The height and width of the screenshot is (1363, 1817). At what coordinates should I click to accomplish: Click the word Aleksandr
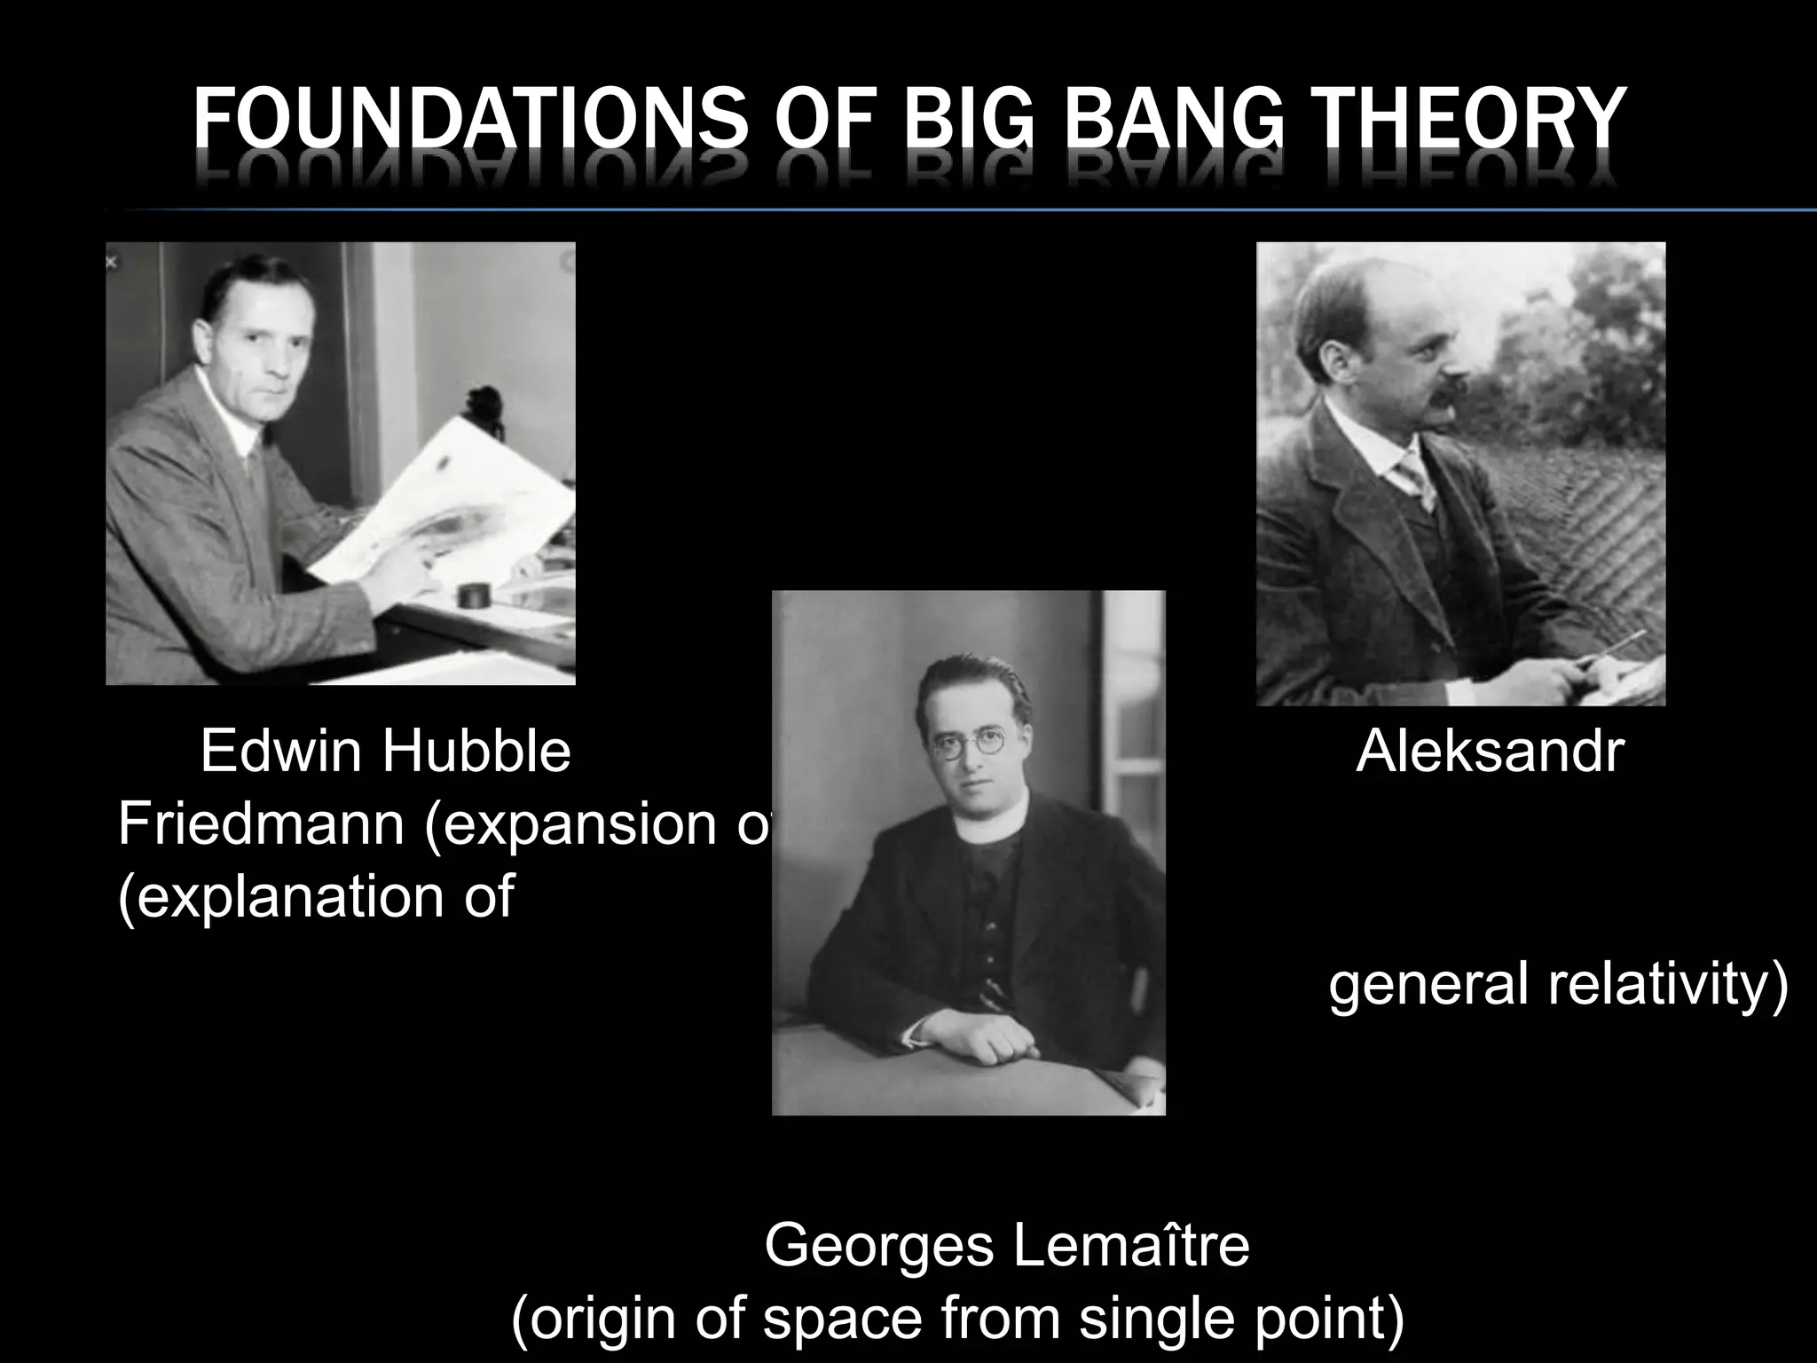click(1490, 751)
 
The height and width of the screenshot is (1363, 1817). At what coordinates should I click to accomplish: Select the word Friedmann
click(261, 823)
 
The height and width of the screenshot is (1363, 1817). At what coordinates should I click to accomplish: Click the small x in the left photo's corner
click(111, 262)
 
